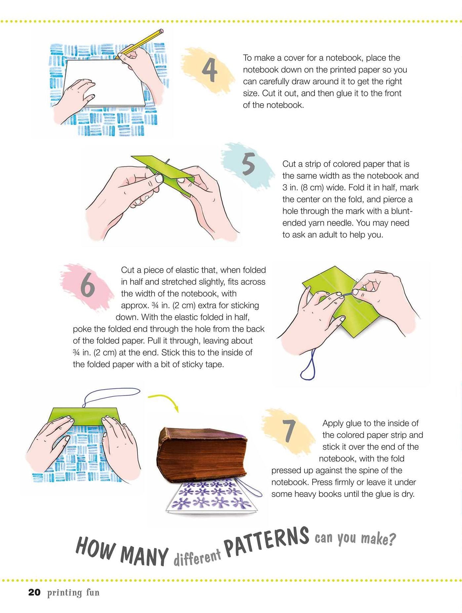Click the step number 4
pyautogui.click(x=209, y=70)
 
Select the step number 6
pyautogui.click(x=88, y=285)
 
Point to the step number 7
pyautogui.click(x=289, y=431)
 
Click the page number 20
pyautogui.click(x=34, y=592)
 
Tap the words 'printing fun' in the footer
pyautogui.click(x=73, y=592)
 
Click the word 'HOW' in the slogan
pyautogui.click(x=96, y=549)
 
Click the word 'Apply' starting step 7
pyautogui.click(x=332, y=423)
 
